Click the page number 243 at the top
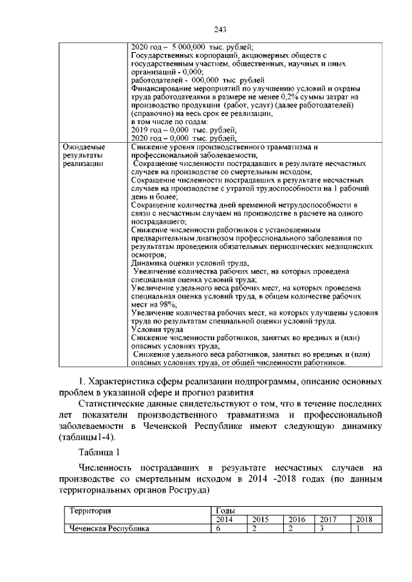[x=205, y=30]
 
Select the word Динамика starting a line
[x=149, y=263]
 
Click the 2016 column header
[x=296, y=520]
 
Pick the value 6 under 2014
[x=218, y=529]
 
